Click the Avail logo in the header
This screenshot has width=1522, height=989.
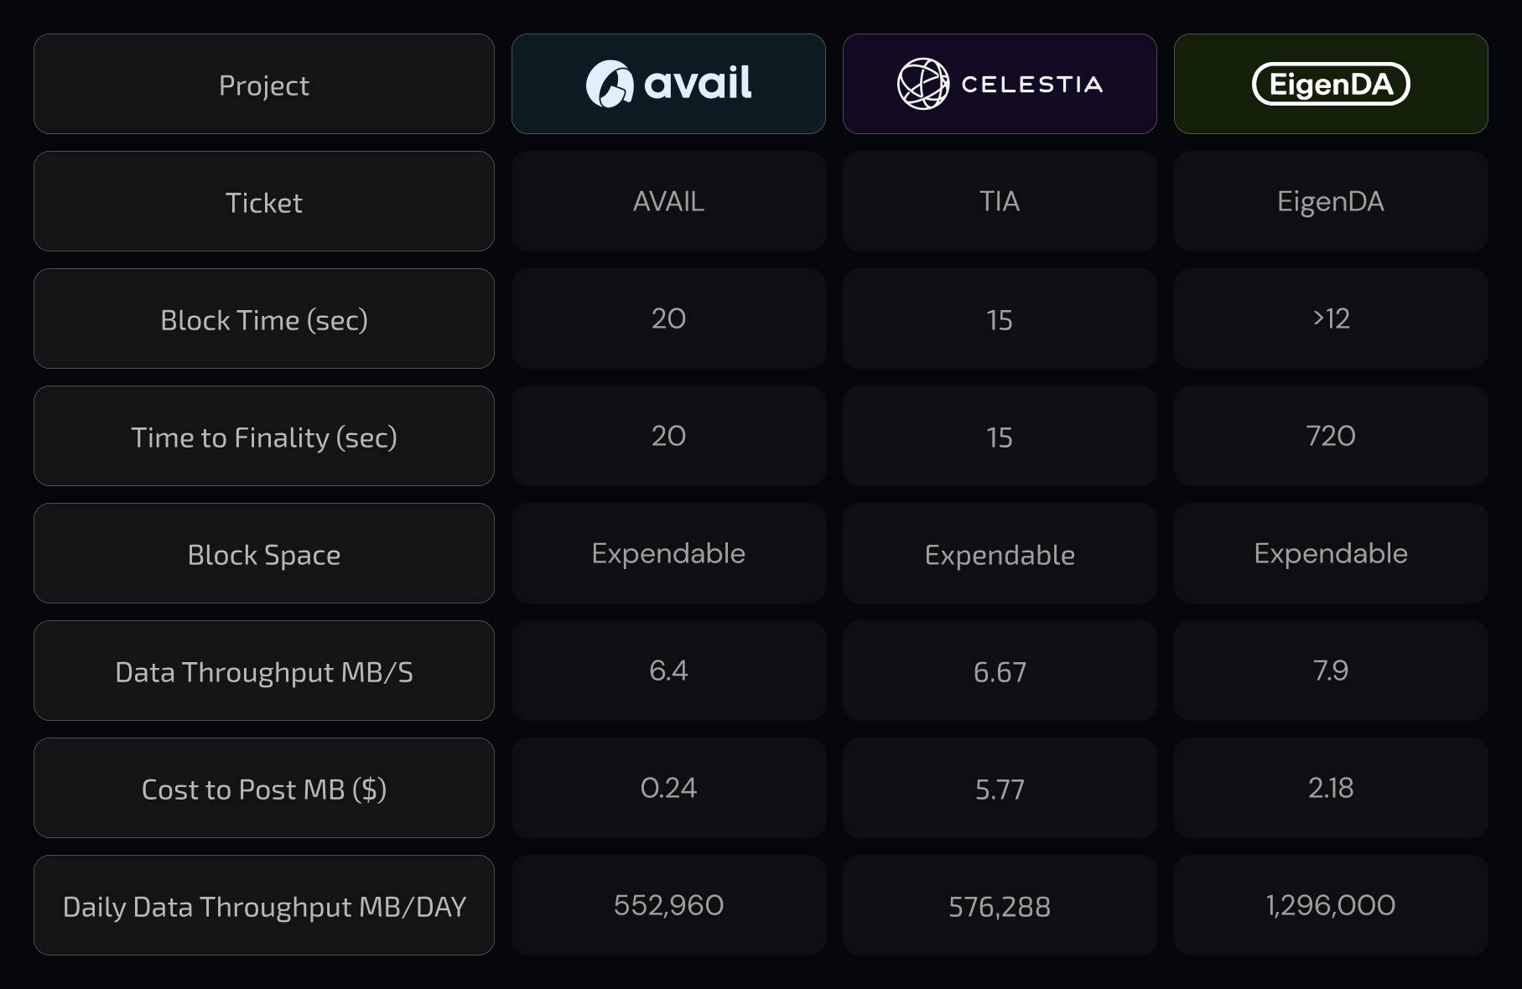pyautogui.click(x=668, y=84)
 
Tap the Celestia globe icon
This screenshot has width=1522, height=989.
pyautogui.click(x=922, y=84)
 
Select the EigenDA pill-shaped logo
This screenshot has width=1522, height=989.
pyautogui.click(x=1331, y=84)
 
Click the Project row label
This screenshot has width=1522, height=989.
pyautogui.click(x=264, y=85)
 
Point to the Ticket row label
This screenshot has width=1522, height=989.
pyautogui.click(x=264, y=203)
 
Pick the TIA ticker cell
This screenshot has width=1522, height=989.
pyautogui.click(x=1000, y=201)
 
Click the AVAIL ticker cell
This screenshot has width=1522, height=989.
pyautogui.click(x=668, y=201)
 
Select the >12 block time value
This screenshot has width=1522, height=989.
pyautogui.click(x=1331, y=318)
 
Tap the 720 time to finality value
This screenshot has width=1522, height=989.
pyautogui.click(x=1331, y=436)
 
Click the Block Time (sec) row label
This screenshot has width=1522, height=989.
pyautogui.click(x=264, y=320)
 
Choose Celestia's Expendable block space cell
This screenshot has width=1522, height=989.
pyautogui.click(x=1000, y=555)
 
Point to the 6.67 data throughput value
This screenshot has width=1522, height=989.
pyautogui.click(x=1000, y=672)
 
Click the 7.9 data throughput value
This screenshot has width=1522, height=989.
pyautogui.click(x=1331, y=671)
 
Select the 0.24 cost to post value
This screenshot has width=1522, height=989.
pyautogui.click(x=668, y=788)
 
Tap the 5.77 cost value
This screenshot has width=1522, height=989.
pyautogui.click(x=1000, y=790)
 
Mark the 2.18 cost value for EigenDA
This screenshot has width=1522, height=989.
pyautogui.click(x=1331, y=788)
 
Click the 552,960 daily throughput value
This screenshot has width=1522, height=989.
pyautogui.click(x=668, y=905)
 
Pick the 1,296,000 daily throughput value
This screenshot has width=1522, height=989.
pyautogui.click(x=1331, y=905)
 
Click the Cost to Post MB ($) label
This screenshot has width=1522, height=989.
pyautogui.click(x=264, y=790)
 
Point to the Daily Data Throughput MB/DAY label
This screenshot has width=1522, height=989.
pyautogui.click(x=264, y=907)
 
